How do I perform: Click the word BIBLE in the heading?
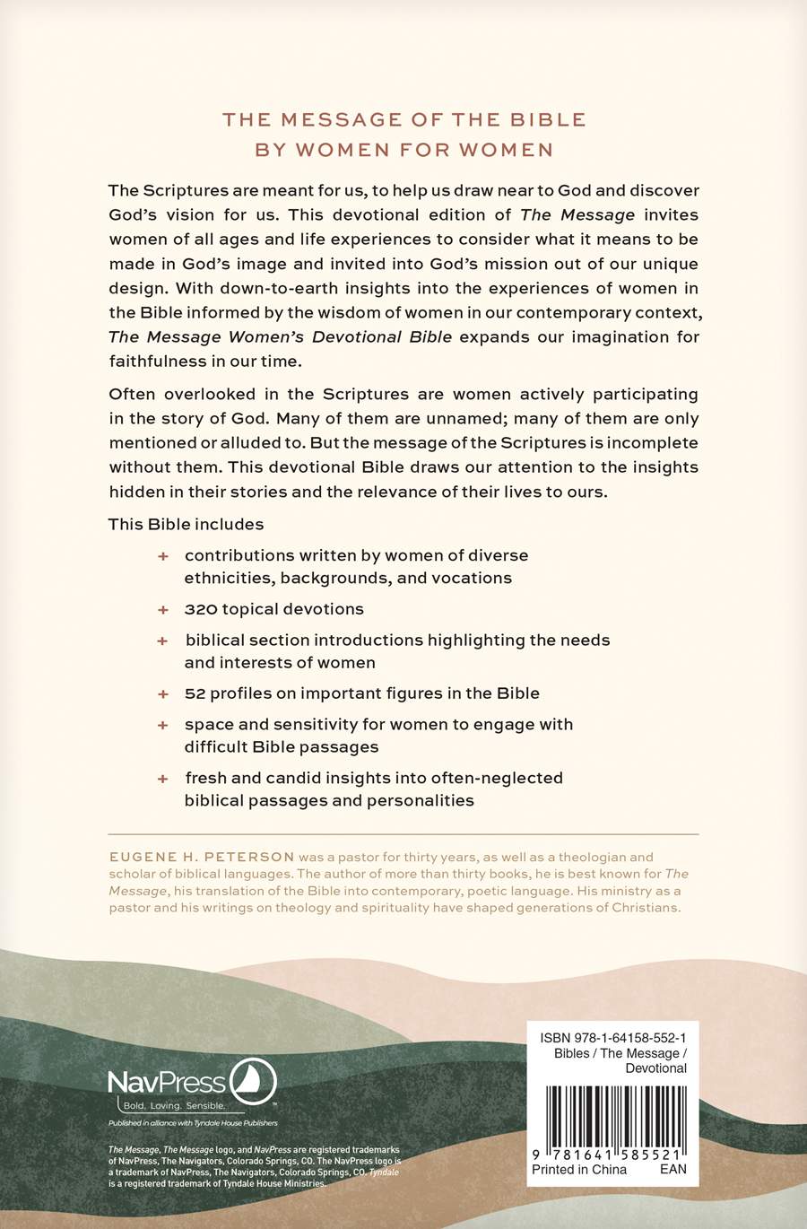click(x=548, y=120)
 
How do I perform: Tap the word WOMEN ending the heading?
click(x=506, y=151)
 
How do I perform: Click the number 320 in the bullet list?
click(x=201, y=609)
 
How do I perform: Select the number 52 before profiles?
click(x=195, y=693)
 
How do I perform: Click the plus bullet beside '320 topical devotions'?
click(x=163, y=610)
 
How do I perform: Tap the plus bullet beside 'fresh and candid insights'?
click(x=163, y=779)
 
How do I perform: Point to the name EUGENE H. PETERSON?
click(x=202, y=858)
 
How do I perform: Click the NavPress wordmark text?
click(x=168, y=1083)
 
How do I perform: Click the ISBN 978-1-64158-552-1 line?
click(x=613, y=1038)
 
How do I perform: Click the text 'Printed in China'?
click(x=579, y=1169)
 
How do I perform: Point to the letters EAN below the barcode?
click(x=672, y=1169)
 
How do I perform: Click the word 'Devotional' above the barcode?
click(x=655, y=1068)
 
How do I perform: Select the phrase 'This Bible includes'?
click(x=187, y=525)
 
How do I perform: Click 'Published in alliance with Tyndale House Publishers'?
click(x=193, y=1123)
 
